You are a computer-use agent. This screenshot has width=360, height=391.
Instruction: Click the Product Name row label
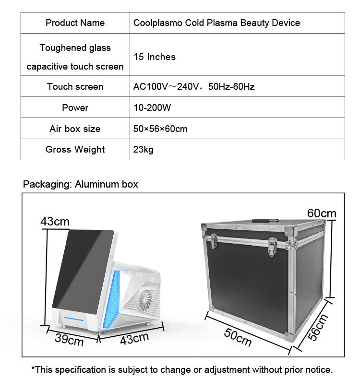75,23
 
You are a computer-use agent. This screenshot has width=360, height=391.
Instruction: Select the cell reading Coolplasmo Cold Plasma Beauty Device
216,23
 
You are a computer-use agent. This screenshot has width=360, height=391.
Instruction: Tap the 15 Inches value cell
155,57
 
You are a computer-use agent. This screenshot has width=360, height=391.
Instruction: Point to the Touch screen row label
75,86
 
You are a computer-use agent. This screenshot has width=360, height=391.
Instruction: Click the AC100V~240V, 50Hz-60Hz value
193,86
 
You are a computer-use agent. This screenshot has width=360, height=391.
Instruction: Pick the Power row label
75,107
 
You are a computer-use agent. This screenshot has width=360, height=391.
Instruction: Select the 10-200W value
152,107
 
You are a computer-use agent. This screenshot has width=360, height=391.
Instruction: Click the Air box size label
75,129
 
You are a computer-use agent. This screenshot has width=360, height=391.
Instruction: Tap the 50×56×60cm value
160,129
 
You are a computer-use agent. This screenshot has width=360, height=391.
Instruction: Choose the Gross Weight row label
75,149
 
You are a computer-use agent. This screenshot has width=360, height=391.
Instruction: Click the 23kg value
143,149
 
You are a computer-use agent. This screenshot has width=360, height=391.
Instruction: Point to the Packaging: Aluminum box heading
81,184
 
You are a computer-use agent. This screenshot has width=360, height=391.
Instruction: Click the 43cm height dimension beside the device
55,221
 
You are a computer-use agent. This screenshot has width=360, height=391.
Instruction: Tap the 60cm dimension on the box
322,213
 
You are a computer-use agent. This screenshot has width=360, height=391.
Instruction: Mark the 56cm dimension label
318,327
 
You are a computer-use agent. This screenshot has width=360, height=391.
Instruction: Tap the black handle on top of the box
264,221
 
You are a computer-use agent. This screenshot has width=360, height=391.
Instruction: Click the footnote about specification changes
181,370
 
